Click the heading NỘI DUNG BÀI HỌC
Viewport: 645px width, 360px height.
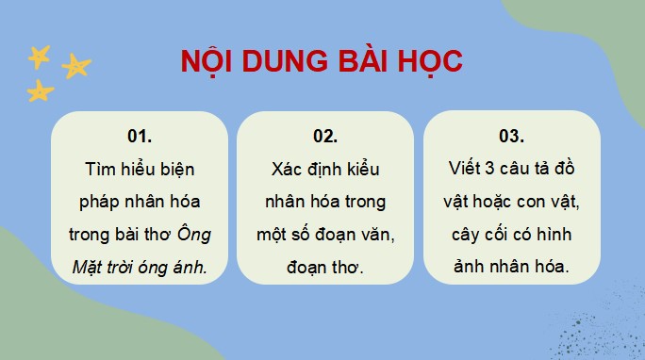[x=322, y=62]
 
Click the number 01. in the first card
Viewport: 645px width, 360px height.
[x=139, y=136]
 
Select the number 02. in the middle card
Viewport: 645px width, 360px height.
[x=324, y=136]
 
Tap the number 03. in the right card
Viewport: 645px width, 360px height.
[x=511, y=136]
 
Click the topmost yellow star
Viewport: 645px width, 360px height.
[x=38, y=57]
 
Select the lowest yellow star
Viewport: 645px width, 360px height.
[x=40, y=90]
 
